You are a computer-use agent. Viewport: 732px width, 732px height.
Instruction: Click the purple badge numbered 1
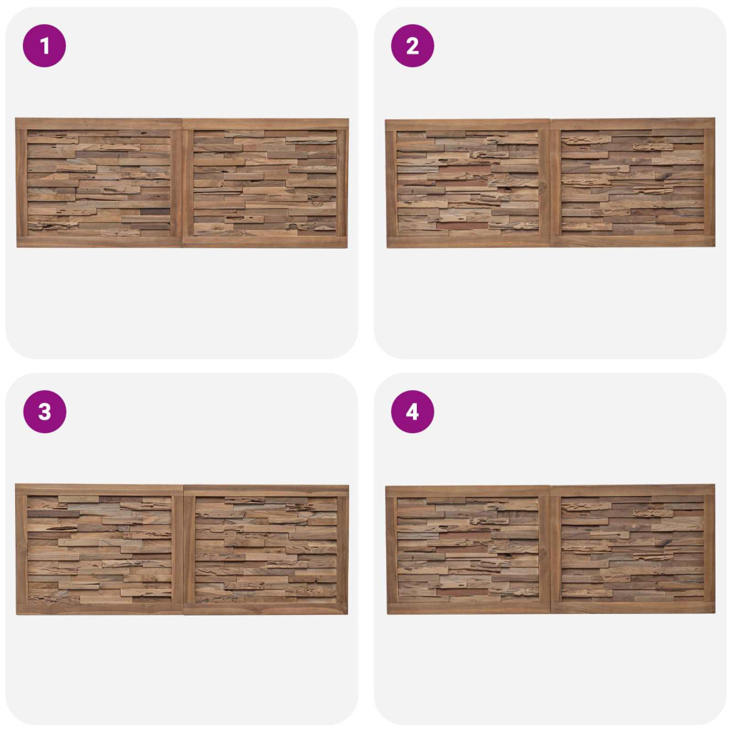[44, 46]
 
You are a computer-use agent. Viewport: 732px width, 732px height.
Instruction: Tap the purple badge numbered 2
[412, 46]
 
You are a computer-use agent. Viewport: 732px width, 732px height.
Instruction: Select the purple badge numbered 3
[44, 412]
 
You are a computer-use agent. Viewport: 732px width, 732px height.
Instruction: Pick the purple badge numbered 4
[412, 412]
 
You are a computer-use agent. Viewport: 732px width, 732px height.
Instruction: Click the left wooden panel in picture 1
[99, 182]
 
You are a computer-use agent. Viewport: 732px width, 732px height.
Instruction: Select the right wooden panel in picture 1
[265, 182]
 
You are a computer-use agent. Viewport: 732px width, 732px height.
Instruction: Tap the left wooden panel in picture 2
[468, 184]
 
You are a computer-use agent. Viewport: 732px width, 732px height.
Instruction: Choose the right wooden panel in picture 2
[633, 182]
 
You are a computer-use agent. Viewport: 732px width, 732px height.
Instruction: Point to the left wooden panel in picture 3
[99, 550]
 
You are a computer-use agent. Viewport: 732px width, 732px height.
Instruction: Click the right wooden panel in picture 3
[266, 550]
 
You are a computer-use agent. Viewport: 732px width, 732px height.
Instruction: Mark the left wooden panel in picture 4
[468, 550]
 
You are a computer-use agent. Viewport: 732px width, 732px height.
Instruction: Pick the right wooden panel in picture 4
[633, 549]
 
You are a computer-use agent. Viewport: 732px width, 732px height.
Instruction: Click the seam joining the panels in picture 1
[182, 183]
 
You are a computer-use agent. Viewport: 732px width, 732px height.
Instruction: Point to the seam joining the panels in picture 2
[551, 183]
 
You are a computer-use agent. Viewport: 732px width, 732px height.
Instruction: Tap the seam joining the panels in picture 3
[184, 550]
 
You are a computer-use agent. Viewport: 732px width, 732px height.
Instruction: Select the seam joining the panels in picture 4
[551, 550]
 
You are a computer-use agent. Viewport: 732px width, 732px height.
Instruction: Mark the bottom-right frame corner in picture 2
[715, 247]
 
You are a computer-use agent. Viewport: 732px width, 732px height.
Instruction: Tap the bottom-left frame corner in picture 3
[17, 614]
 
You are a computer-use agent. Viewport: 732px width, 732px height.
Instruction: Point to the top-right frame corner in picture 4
[715, 485]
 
